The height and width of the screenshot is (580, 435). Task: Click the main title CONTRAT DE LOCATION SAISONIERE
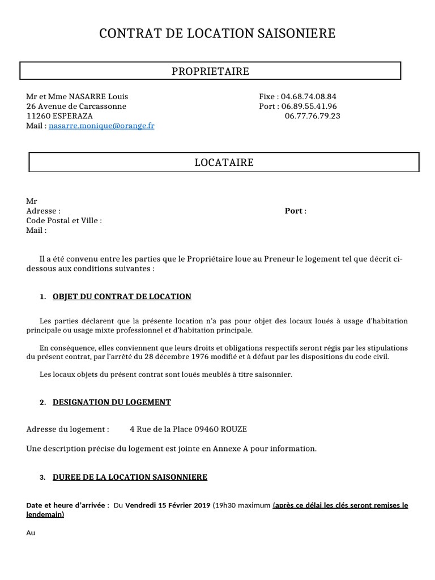point(217,34)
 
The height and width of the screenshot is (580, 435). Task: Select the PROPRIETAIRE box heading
point(210,71)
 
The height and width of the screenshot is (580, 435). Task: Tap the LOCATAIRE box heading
point(224,163)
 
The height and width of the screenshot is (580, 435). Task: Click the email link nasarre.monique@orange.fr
point(101,126)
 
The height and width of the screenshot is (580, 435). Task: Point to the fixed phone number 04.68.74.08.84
point(309,97)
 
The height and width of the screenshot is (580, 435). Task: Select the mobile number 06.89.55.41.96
point(309,106)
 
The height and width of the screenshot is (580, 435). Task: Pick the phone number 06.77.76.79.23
point(312,116)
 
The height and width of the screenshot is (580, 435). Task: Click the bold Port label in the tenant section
point(293,211)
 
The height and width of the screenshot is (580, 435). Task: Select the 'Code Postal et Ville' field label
point(64,221)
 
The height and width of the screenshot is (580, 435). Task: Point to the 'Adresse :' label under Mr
point(43,211)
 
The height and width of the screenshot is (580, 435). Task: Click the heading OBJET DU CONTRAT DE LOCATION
point(122,297)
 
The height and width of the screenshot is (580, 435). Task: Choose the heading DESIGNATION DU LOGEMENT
point(112,403)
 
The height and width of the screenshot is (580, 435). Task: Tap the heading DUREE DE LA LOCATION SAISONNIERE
point(130,477)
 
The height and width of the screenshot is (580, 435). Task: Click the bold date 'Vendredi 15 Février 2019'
point(168,505)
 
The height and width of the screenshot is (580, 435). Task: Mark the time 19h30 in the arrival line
point(223,505)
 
